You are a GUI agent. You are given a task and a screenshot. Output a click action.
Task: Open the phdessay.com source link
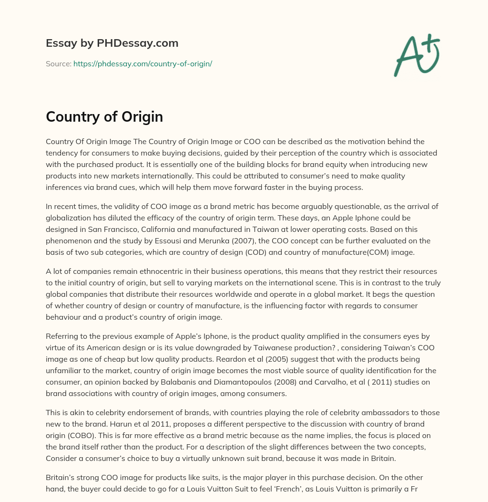pos(142,63)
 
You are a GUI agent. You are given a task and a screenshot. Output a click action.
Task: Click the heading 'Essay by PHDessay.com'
pos(112,43)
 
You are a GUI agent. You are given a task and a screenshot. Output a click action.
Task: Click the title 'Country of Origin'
pos(104,117)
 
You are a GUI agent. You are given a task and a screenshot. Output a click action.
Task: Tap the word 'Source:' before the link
pos(59,63)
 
